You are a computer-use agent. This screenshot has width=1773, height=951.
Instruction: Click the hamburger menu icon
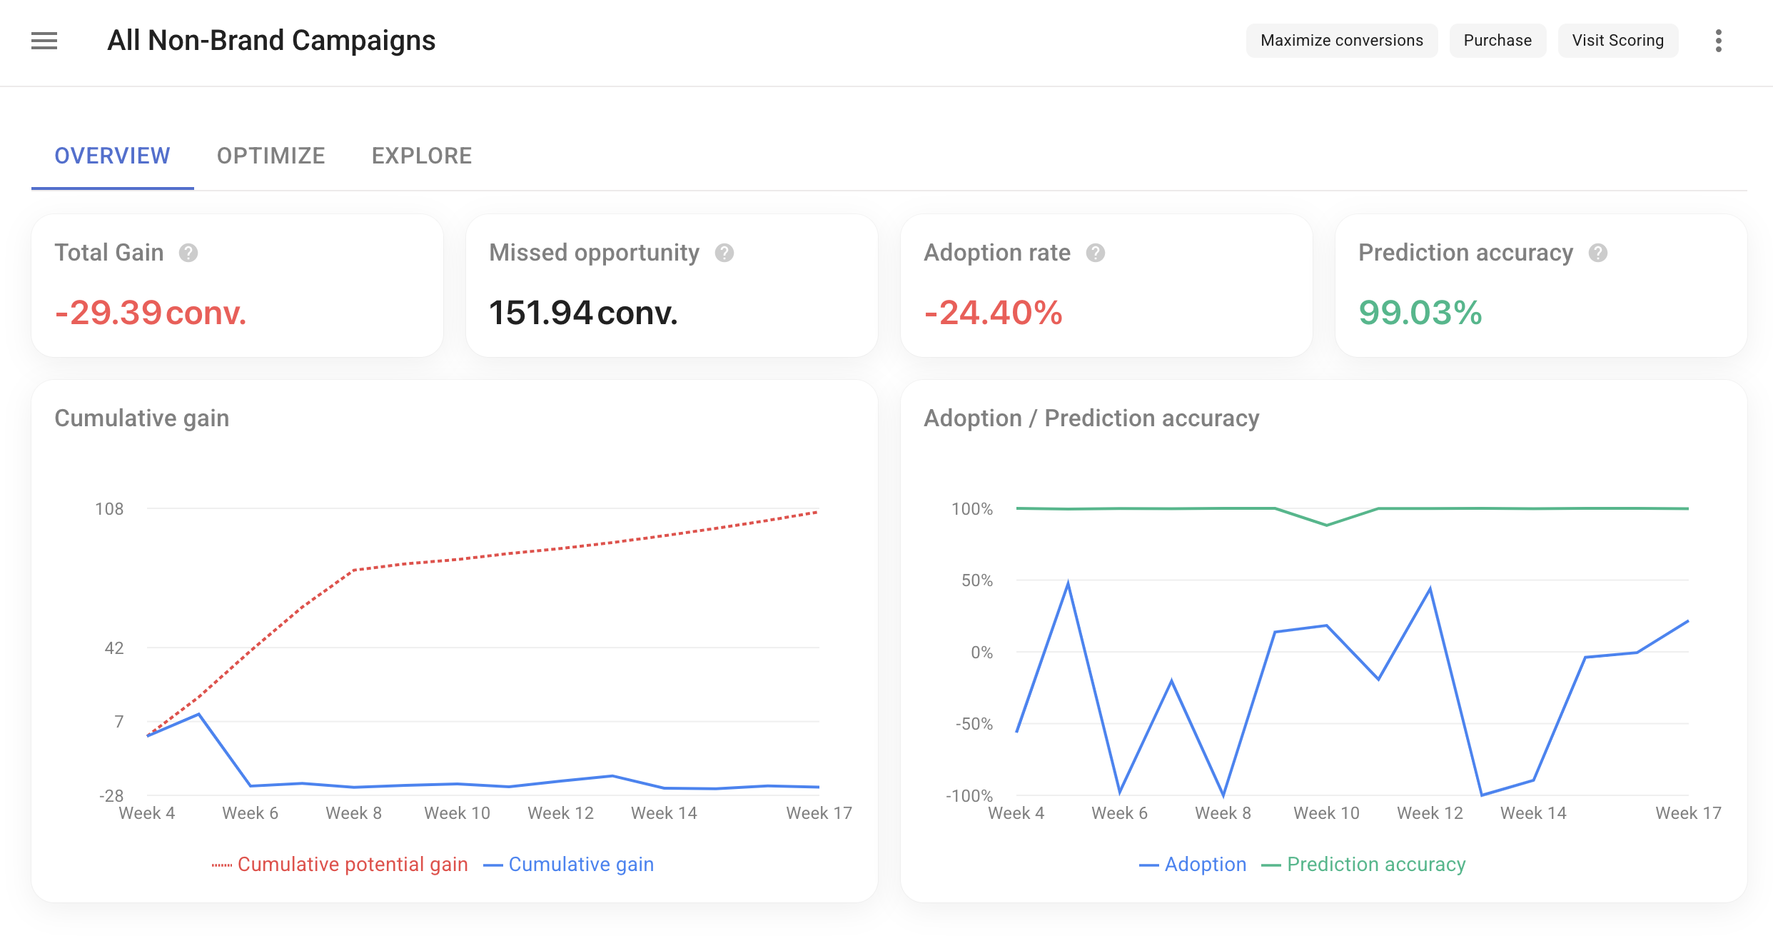pyautogui.click(x=44, y=41)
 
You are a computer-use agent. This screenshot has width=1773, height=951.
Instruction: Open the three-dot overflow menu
pyautogui.click(x=1718, y=41)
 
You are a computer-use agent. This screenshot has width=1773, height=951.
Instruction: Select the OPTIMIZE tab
pyautogui.click(x=271, y=156)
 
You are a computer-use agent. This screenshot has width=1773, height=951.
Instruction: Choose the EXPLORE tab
pyautogui.click(x=421, y=156)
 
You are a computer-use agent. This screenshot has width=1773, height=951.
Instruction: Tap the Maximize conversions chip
pyautogui.click(x=1341, y=41)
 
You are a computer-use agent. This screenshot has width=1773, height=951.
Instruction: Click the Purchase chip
pyautogui.click(x=1497, y=41)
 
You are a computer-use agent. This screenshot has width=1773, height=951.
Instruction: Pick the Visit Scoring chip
pyautogui.click(x=1617, y=41)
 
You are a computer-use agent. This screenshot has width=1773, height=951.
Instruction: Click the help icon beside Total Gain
pyautogui.click(x=188, y=253)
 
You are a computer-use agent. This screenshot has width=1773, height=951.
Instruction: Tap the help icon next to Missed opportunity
pyautogui.click(x=724, y=253)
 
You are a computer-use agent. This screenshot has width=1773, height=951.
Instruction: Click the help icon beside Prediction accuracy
pyautogui.click(x=1598, y=253)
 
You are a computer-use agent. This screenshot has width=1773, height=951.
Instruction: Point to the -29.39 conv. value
pyautogui.click(x=151, y=313)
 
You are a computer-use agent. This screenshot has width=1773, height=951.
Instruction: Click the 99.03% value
pyautogui.click(x=1420, y=313)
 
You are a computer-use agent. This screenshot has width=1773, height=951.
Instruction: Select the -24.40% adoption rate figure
pyautogui.click(x=993, y=313)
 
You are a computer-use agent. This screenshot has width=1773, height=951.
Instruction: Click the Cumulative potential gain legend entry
pyautogui.click(x=340, y=865)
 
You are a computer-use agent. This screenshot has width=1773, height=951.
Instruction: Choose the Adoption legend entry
pyautogui.click(x=1193, y=865)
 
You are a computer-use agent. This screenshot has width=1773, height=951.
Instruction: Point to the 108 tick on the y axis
pyautogui.click(x=109, y=509)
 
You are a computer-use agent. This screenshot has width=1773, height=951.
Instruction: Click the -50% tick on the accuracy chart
pyautogui.click(x=974, y=724)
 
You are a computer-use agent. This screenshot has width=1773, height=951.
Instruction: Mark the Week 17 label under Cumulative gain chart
pyautogui.click(x=819, y=813)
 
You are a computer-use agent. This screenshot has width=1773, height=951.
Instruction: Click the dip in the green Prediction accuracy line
pyautogui.click(x=1326, y=525)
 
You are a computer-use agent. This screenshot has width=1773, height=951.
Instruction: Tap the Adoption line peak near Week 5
pyautogui.click(x=1068, y=583)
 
